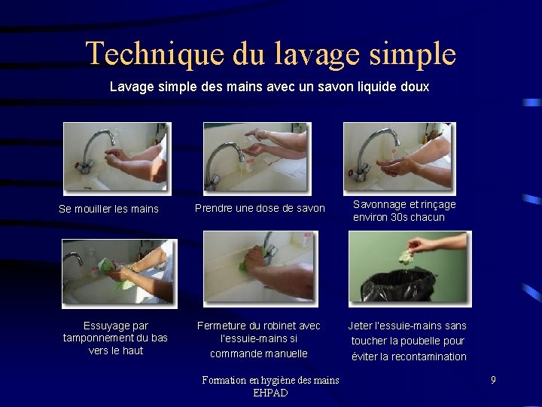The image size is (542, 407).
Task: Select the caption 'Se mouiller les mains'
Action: coord(108,209)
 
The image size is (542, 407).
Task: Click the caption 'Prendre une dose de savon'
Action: coord(260,208)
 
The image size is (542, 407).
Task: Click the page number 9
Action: coord(493,380)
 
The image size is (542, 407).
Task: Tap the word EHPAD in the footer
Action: coord(270,393)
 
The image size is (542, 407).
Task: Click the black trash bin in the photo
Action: coord(398,286)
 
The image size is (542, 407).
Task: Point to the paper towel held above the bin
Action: coord(406,256)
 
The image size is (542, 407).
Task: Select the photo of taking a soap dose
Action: coord(256,158)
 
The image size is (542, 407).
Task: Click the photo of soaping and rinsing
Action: coord(398,158)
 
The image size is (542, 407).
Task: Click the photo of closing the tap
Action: coord(260,268)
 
